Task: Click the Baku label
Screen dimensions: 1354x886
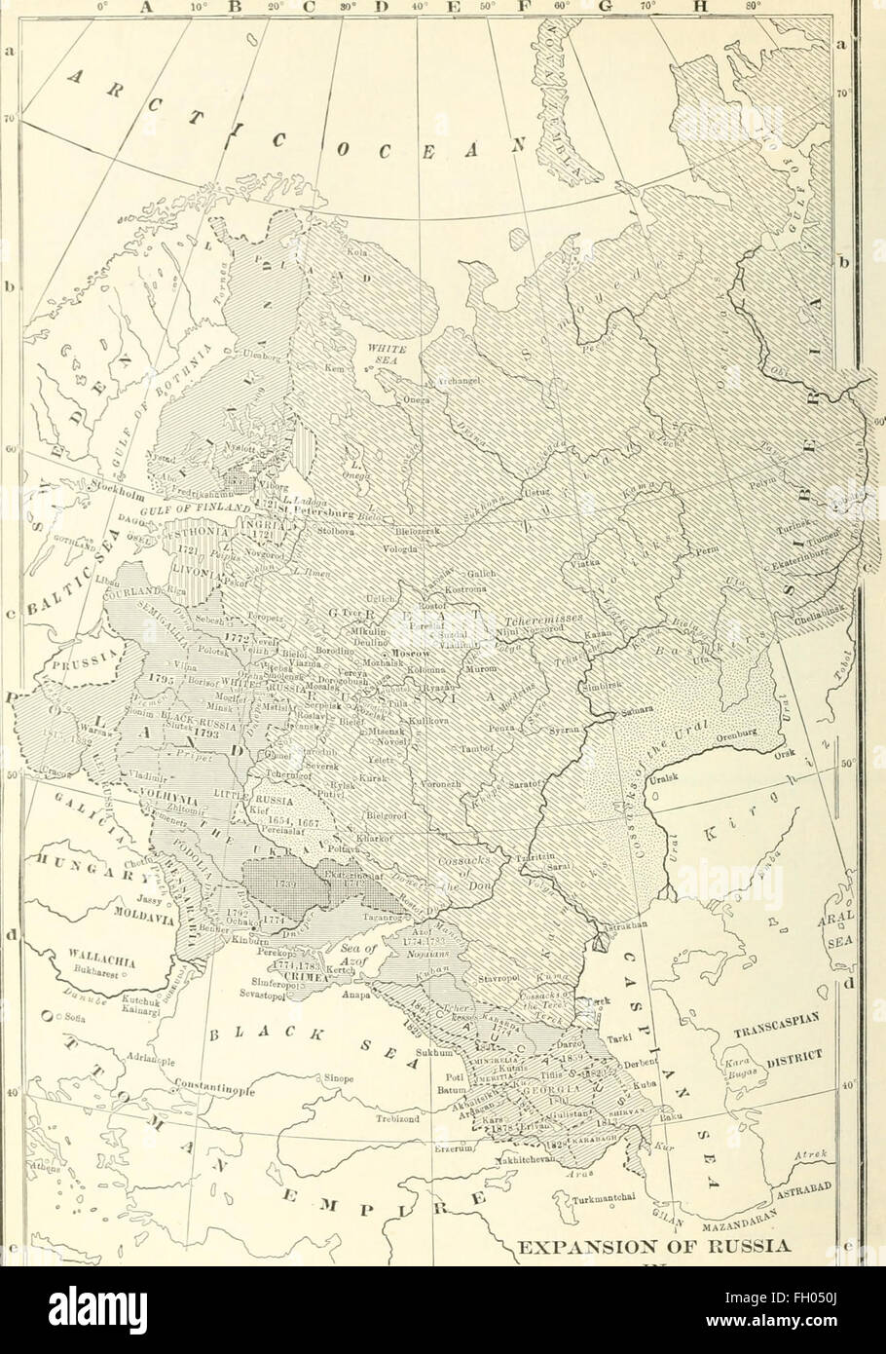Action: pyautogui.click(x=670, y=1122)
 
